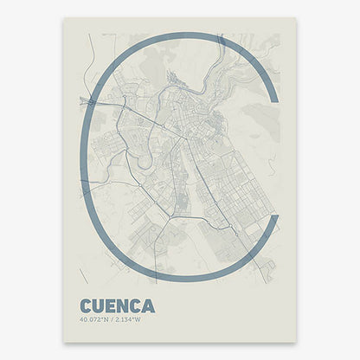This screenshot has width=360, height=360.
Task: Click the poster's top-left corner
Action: tap(64, 18)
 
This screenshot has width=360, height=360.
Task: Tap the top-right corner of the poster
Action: tap(296, 18)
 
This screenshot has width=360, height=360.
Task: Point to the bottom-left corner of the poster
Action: tap(64, 343)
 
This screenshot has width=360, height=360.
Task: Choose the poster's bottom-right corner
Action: tap(296, 343)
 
